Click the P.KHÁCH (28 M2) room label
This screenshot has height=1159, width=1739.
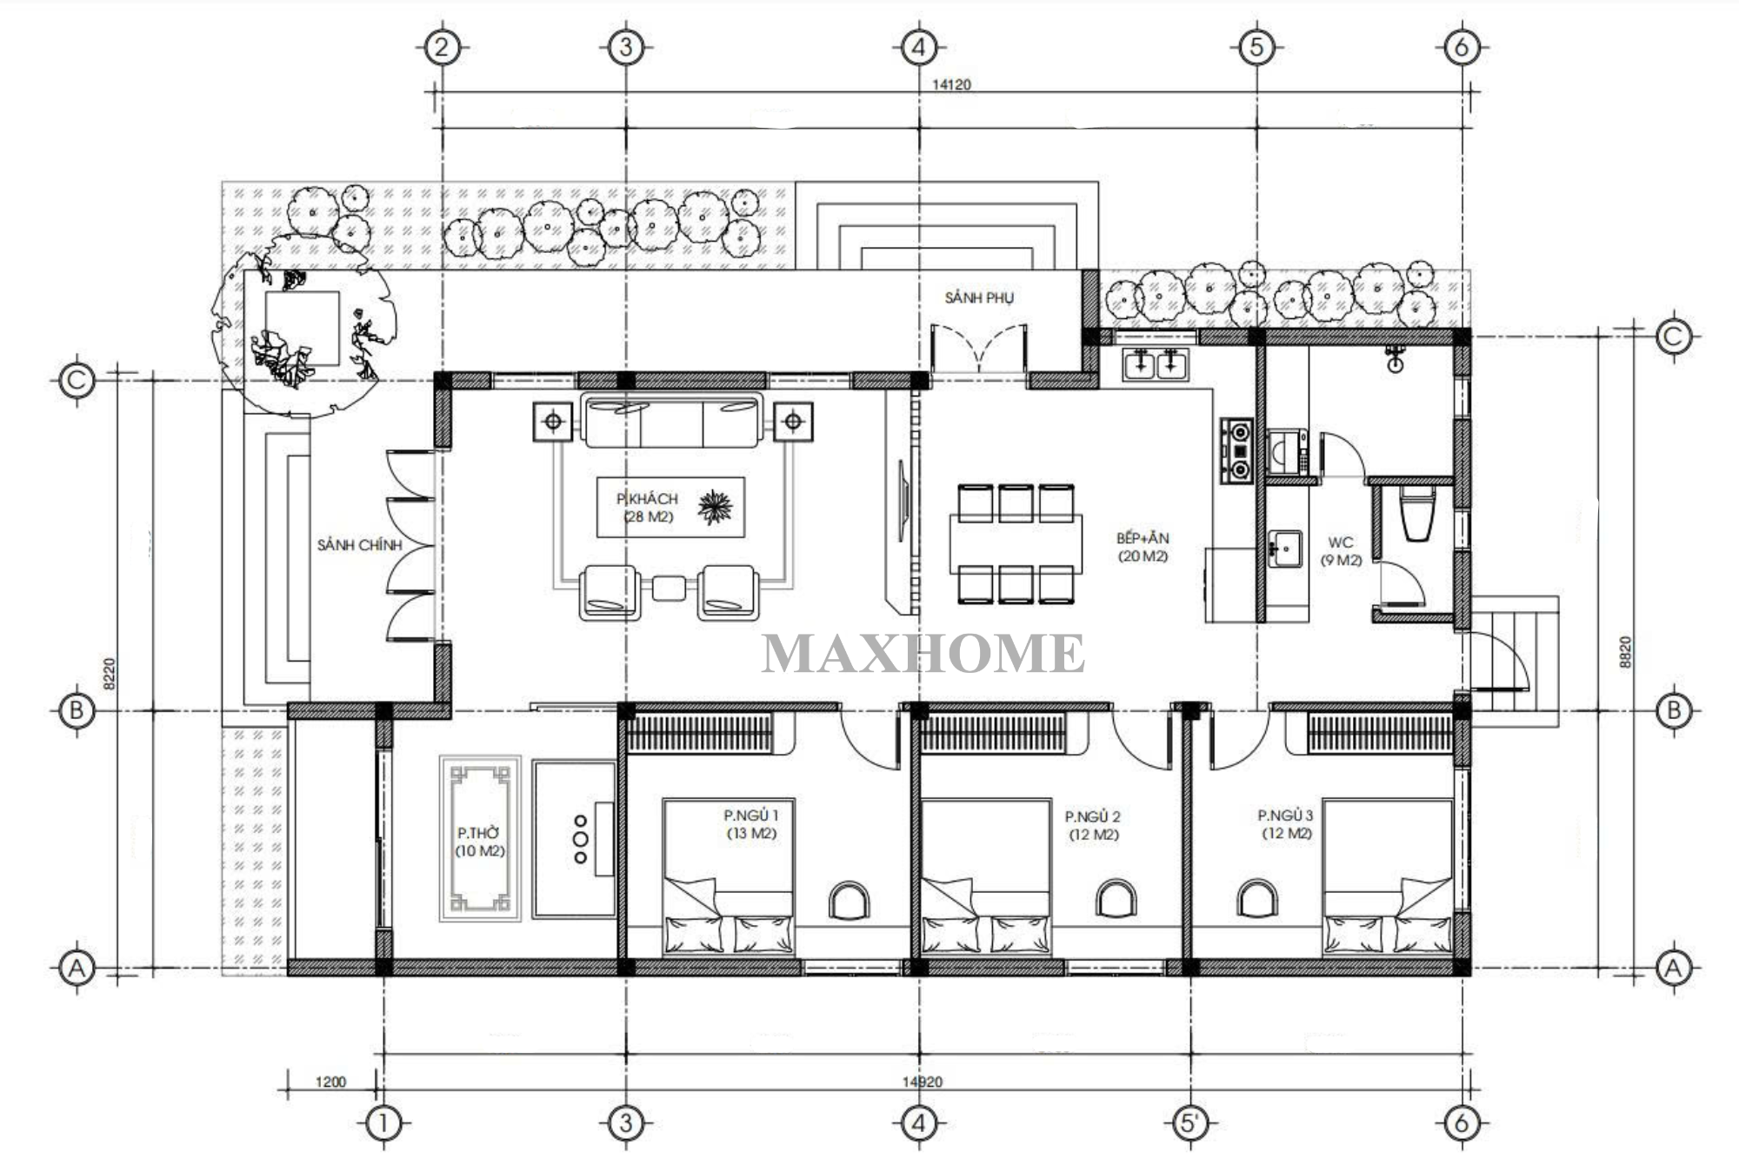(x=647, y=507)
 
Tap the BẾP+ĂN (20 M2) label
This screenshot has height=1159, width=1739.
(x=1143, y=547)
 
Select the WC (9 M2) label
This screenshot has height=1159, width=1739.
(x=1341, y=551)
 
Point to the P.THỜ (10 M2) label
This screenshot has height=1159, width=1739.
(x=480, y=842)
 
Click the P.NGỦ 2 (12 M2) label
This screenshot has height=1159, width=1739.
(x=1093, y=825)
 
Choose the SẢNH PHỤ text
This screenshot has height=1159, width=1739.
(x=979, y=297)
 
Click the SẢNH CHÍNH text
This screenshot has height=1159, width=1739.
(x=359, y=545)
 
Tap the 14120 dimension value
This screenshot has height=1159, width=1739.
(x=951, y=84)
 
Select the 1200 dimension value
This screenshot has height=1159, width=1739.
(x=330, y=1082)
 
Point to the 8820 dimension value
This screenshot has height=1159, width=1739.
(x=1625, y=652)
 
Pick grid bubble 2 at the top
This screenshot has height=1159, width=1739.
(x=443, y=47)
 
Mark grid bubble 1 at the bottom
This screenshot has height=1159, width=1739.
(x=383, y=1123)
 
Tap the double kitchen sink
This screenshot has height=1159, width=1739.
(x=1156, y=363)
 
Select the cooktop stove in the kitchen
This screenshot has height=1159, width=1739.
(x=1236, y=451)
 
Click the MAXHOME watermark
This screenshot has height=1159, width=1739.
(x=923, y=654)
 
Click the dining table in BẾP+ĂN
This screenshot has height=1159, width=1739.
(x=1016, y=543)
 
